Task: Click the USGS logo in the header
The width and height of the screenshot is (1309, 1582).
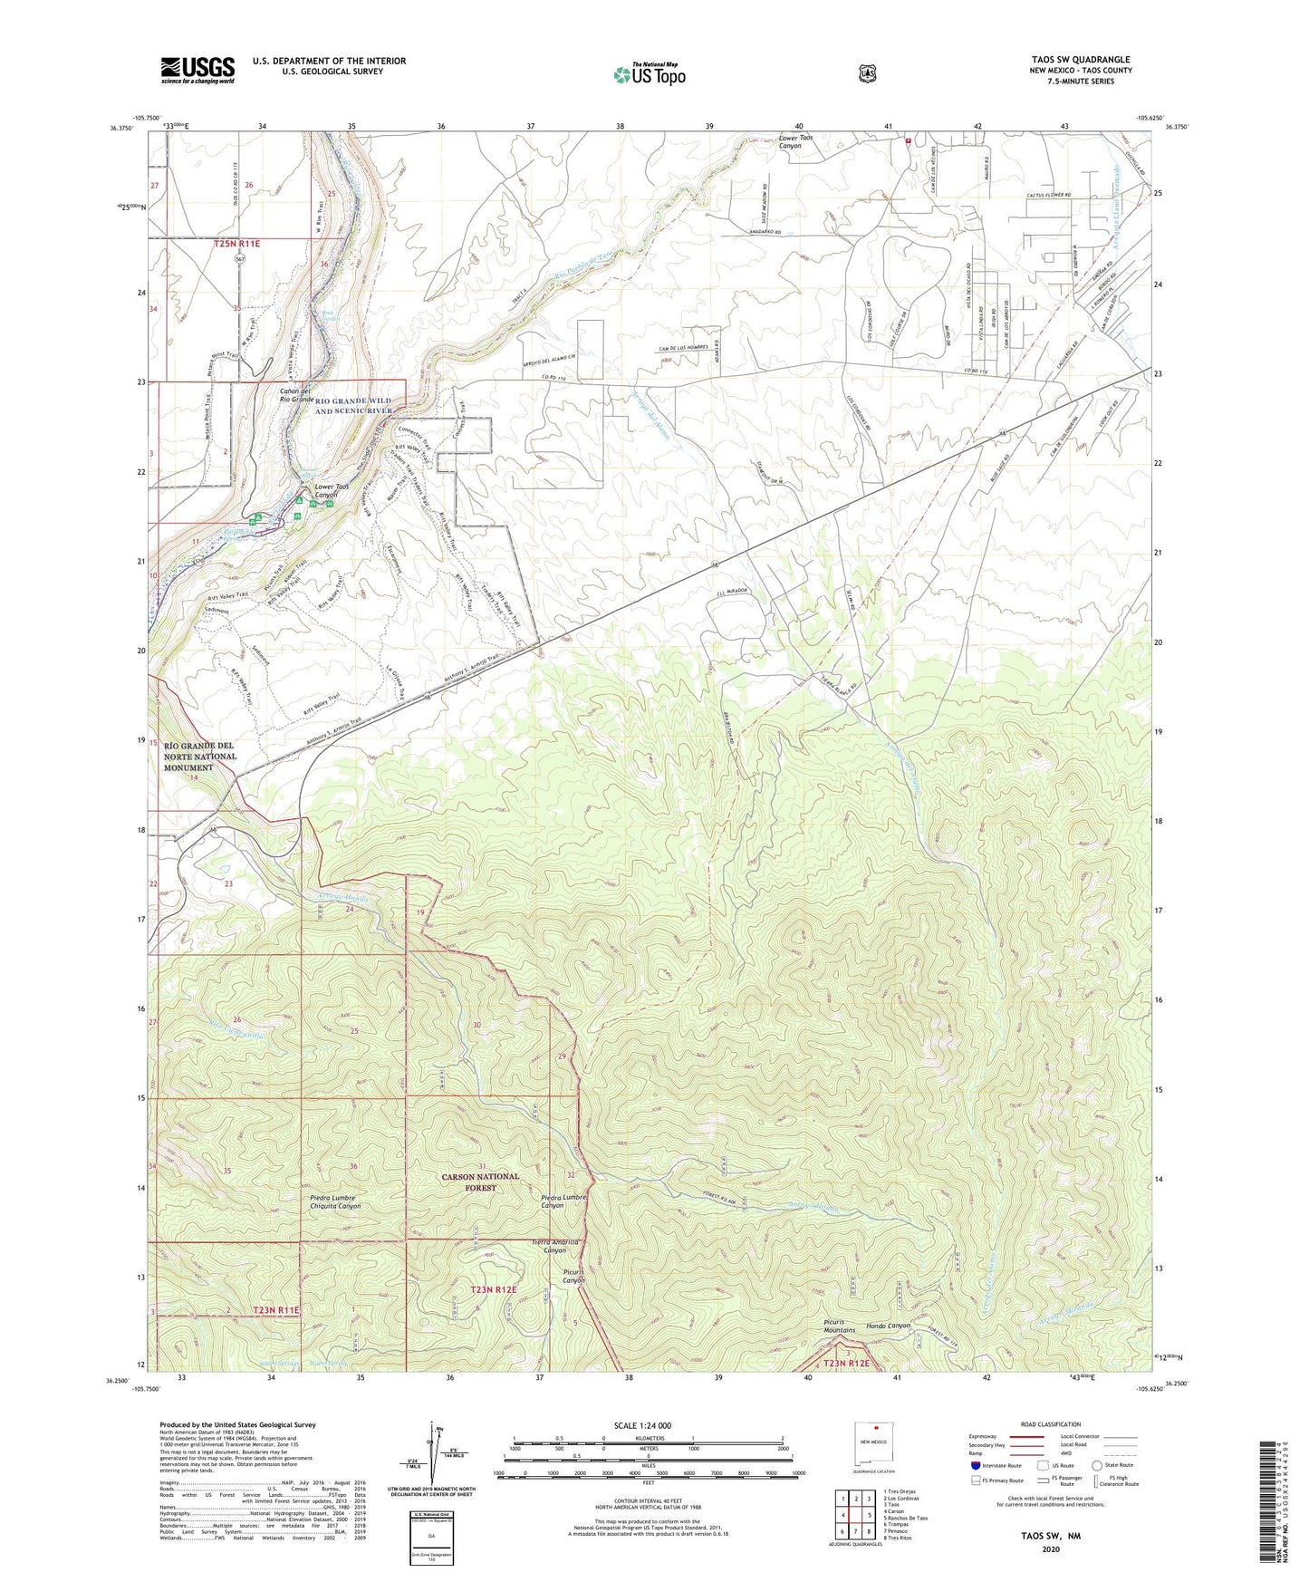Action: (x=197, y=70)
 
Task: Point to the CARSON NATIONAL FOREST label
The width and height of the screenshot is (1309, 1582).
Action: (x=480, y=1182)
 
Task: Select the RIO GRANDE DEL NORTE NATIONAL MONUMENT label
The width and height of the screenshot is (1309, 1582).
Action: (x=200, y=757)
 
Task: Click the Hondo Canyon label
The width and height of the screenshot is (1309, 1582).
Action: (x=888, y=1326)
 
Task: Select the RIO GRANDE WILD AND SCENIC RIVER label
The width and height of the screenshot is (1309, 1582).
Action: (x=353, y=405)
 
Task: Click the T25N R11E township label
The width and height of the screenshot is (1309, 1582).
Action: (x=237, y=244)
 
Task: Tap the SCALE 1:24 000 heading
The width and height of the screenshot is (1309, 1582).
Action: (x=642, y=1425)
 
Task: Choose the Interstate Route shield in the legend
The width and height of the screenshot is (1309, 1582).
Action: (x=975, y=1464)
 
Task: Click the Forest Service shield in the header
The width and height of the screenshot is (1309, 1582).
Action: (x=867, y=73)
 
